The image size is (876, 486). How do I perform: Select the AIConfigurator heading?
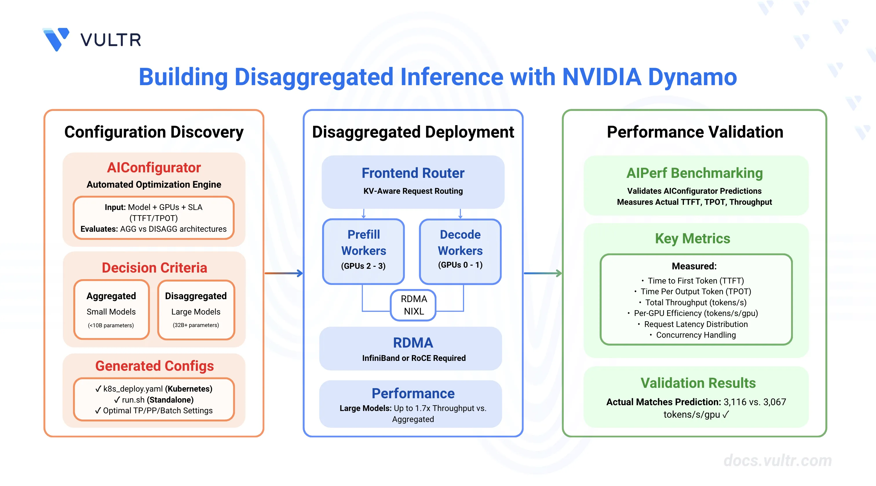(154, 168)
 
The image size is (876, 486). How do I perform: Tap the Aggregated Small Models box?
(112, 310)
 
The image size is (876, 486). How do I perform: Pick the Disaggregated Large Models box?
(196, 310)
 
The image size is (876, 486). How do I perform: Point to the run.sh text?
(133, 400)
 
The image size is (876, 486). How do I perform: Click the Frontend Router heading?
(413, 173)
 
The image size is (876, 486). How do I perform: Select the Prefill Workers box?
(364, 251)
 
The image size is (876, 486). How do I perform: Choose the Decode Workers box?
(460, 251)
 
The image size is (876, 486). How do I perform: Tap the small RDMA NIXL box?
(413, 305)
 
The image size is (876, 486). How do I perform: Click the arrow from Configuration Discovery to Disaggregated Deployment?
(284, 273)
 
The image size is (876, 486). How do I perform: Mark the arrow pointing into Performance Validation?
(543, 273)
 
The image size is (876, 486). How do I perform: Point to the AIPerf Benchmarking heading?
(694, 173)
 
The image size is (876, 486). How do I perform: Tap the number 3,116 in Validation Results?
(735, 402)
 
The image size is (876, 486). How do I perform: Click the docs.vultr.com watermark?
(778, 461)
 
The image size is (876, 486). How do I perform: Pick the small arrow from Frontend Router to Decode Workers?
(460, 213)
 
